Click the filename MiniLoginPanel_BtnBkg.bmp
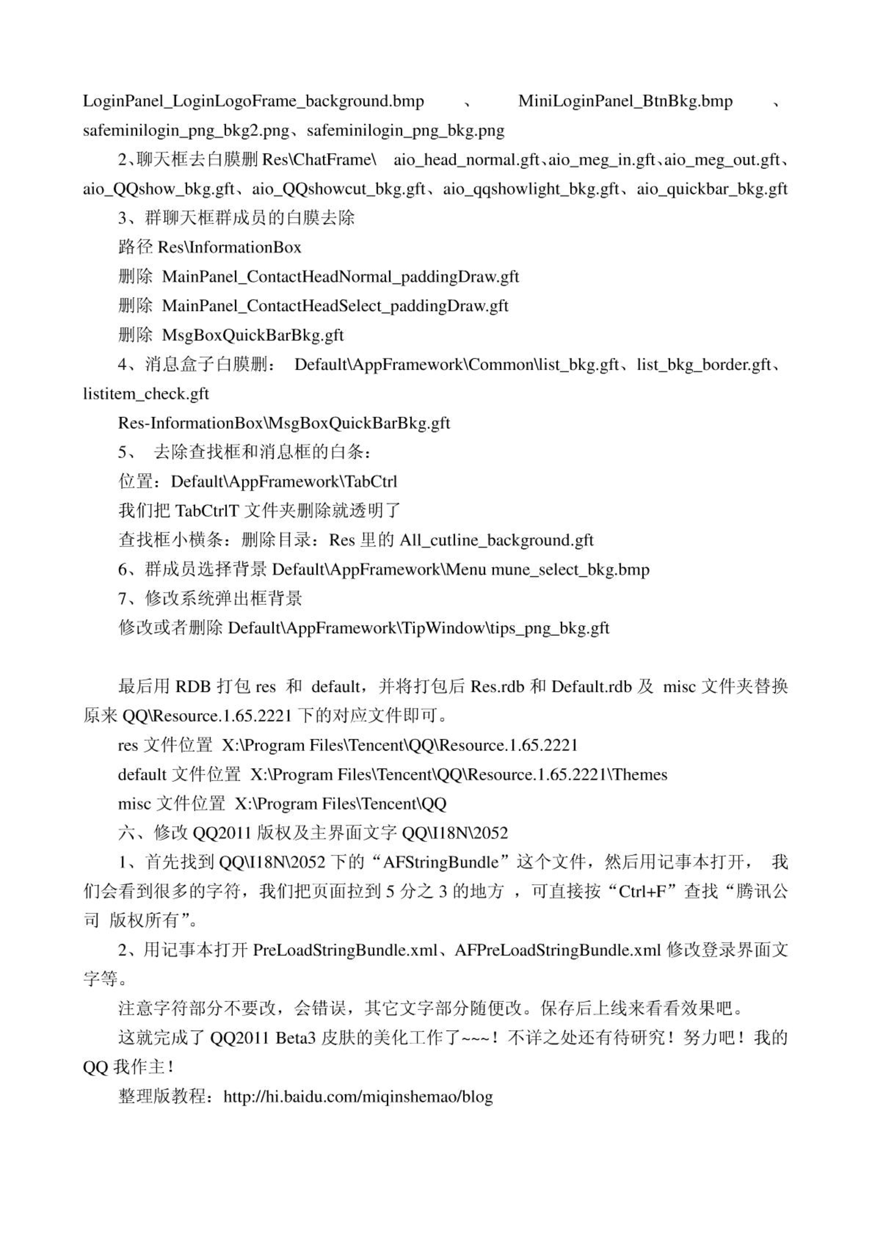pyautogui.click(x=625, y=102)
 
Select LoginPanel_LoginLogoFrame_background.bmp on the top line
pyautogui.click(x=253, y=102)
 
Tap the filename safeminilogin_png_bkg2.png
pyautogui.click(x=186, y=131)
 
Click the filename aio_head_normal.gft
pyautogui.click(x=466, y=160)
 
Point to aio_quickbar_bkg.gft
pyautogui.click(x=712, y=189)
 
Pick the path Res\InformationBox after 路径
pyautogui.click(x=229, y=248)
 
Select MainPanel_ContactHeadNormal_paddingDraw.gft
pyautogui.click(x=340, y=277)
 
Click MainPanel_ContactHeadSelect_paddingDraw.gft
pyautogui.click(x=335, y=306)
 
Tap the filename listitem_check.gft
pyautogui.click(x=146, y=394)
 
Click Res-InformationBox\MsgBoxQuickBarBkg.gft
pyautogui.click(x=284, y=423)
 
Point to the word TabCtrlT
pyautogui.click(x=206, y=511)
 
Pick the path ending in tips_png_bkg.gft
pyautogui.click(x=418, y=628)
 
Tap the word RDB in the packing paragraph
pyautogui.click(x=193, y=687)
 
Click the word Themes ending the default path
pyautogui.click(x=639, y=775)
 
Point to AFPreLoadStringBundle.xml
pyautogui.click(x=557, y=951)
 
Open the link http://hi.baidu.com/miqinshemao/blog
pyautogui.click(x=358, y=1097)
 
